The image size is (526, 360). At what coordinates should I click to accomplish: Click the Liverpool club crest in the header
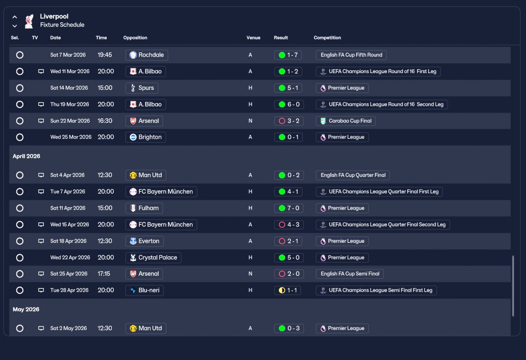29,21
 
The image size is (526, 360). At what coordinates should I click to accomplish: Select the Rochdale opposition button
147,55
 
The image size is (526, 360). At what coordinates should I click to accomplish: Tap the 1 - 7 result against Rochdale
288,55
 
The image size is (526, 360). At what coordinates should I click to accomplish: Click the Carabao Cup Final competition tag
346,121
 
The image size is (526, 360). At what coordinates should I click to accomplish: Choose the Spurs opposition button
142,88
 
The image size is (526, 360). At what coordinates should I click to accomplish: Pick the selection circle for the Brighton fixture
20,137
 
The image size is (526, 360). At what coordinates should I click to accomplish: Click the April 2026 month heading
26,156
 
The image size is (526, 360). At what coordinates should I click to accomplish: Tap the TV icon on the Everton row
41,241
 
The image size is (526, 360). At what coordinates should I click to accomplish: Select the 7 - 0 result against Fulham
288,208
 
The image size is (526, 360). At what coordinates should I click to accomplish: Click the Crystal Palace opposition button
153,258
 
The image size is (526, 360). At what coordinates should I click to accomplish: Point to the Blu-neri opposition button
144,290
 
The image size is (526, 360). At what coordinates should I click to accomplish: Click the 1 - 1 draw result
287,290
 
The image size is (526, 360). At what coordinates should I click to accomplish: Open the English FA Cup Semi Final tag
350,274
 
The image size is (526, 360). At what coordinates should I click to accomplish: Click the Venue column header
254,37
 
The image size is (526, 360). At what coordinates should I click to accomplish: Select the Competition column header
327,37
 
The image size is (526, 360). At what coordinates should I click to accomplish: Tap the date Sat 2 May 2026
68,328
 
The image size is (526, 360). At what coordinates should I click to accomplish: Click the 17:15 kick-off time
104,274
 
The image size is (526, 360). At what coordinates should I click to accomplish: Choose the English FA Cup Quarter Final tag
353,175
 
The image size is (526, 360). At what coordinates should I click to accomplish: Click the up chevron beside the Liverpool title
14,17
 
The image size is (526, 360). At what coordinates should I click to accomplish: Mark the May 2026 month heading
26,309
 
